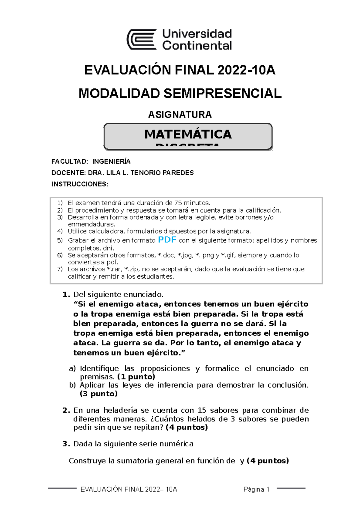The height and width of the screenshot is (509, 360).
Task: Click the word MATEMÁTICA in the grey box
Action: pyautogui.click(x=188, y=134)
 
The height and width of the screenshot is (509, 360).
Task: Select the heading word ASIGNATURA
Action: pyautogui.click(x=180, y=115)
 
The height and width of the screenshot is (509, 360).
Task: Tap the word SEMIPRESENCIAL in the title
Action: pyautogui.click(x=222, y=94)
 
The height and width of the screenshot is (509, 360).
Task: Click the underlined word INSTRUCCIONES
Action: pyautogui.click(x=80, y=184)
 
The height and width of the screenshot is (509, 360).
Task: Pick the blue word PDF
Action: pyautogui.click(x=167, y=240)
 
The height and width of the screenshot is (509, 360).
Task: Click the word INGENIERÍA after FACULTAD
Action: pyautogui.click(x=111, y=162)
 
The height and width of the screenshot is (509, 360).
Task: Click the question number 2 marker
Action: pyautogui.click(x=66, y=410)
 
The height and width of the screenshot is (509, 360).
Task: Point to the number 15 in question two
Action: pyautogui.click(x=202, y=410)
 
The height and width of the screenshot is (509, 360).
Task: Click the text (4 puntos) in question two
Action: pyautogui.click(x=187, y=427)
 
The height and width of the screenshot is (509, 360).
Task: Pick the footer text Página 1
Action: pyautogui.click(x=256, y=490)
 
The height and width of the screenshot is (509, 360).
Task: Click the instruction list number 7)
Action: pyautogui.click(x=60, y=269)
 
